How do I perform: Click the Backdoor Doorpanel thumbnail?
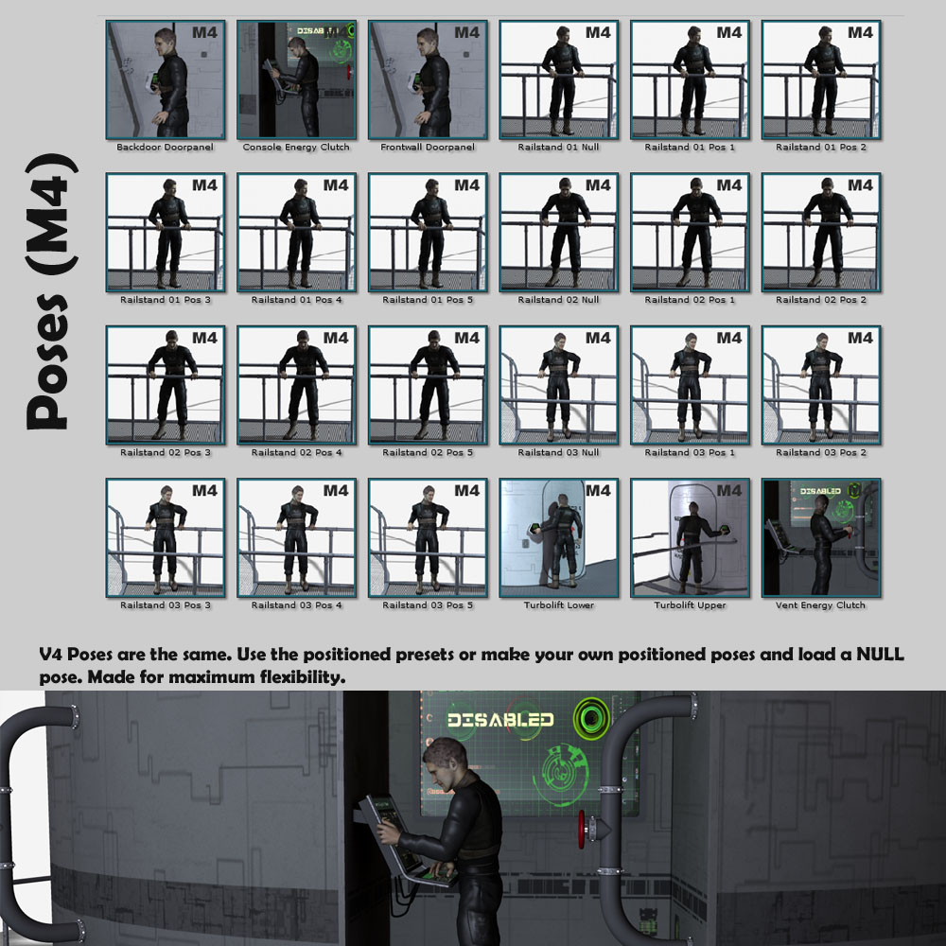pos(166,79)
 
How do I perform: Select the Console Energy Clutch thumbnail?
pos(296,79)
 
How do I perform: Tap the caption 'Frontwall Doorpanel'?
pos(428,148)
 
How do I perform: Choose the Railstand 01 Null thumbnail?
pos(559,79)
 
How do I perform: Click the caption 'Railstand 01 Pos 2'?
pos(821,148)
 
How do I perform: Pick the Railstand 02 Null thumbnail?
pos(559,233)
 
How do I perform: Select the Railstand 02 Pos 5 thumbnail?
pos(428,385)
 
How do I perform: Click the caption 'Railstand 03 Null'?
pos(559,452)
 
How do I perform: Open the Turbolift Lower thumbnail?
pos(559,537)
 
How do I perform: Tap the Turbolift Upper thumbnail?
pos(691,537)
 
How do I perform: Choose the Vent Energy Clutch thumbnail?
pos(821,537)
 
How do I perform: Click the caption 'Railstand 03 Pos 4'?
pos(296,605)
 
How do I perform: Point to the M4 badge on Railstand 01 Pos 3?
pos(204,185)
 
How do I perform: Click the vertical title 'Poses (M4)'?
pos(52,291)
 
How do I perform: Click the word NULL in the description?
pos(880,655)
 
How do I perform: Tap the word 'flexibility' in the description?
pos(303,677)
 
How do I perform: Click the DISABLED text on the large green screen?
pos(500,720)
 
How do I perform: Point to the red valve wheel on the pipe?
pos(582,829)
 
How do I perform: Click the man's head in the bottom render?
pos(446,762)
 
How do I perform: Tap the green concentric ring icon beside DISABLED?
pos(591,717)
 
